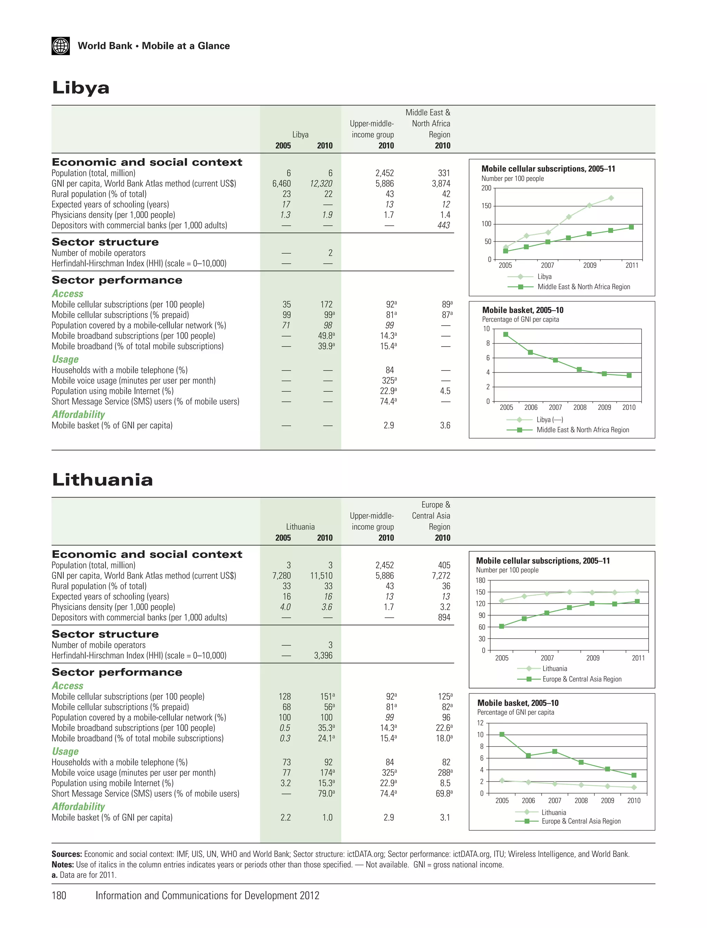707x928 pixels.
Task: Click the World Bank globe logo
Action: [61, 46]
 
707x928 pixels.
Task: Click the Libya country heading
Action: [80, 88]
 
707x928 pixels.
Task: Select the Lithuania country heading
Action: [102, 480]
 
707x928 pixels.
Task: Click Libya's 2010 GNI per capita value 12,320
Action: [321, 184]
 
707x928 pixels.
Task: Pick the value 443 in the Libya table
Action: [444, 225]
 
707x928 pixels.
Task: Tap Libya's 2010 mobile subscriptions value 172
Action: [326, 304]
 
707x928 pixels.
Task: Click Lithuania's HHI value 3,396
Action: [323, 655]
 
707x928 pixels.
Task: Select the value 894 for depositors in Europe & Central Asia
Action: [444, 617]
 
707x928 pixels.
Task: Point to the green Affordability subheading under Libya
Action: [78, 415]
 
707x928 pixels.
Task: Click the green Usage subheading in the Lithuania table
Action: [65, 751]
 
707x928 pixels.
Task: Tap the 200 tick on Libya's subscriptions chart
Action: [486, 188]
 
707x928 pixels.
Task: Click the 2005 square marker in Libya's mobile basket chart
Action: [506, 335]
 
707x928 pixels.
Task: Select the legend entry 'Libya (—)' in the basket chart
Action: [550, 419]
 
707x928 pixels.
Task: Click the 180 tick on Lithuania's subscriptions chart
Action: [480, 580]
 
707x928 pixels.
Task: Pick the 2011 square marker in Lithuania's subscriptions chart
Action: [637, 601]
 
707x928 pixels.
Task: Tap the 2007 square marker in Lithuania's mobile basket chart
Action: [555, 751]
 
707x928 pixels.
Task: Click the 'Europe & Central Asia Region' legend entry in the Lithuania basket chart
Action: [581, 821]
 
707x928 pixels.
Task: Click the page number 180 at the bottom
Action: [59, 895]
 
